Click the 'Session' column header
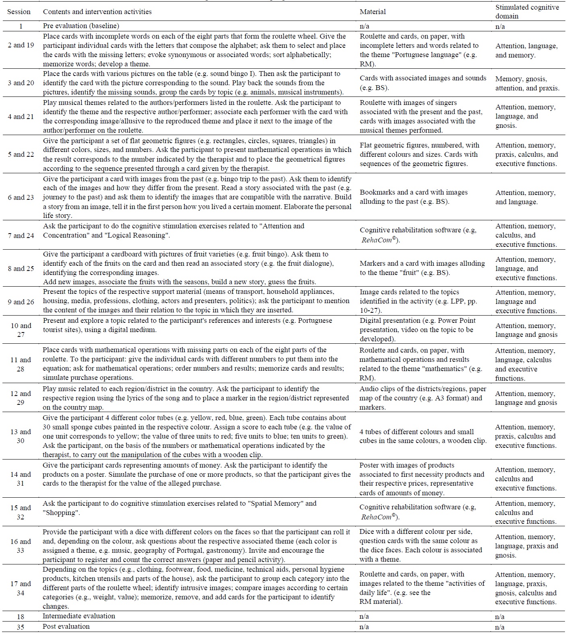(x=19, y=12)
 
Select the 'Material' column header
(x=372, y=12)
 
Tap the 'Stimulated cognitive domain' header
(x=527, y=12)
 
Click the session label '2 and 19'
(x=21, y=45)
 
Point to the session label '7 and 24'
(x=21, y=235)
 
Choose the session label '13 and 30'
(x=21, y=436)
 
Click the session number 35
(x=21, y=627)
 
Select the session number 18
(x=21, y=616)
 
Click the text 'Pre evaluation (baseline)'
(x=81, y=26)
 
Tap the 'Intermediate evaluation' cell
(x=79, y=616)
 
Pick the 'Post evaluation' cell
(x=66, y=626)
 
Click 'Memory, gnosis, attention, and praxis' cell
(x=527, y=83)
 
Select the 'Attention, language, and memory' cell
(x=526, y=50)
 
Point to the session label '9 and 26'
(x=21, y=302)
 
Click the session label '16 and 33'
(x=21, y=546)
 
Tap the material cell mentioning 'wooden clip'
(x=423, y=436)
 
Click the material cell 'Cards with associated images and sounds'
(x=423, y=82)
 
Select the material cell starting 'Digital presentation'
(x=417, y=330)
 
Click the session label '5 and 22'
(x=21, y=154)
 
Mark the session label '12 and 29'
(x=21, y=398)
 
